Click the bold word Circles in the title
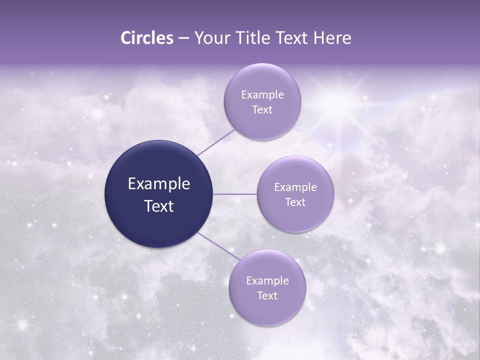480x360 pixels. point(147,38)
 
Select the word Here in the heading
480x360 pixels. point(332,38)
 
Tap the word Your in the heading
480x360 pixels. point(212,38)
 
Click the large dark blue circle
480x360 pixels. point(159,194)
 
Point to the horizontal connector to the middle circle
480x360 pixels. point(235,193)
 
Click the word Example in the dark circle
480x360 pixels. point(159,184)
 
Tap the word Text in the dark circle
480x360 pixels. point(159,206)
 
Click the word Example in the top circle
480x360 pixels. point(262,94)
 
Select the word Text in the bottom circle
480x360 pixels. point(267,295)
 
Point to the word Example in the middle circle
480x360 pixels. point(295,187)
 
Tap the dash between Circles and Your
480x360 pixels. point(183,38)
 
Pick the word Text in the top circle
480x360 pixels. point(262,109)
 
